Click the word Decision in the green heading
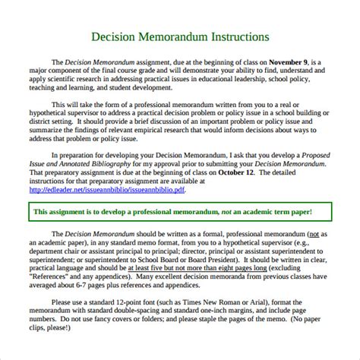(x=121, y=36)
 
